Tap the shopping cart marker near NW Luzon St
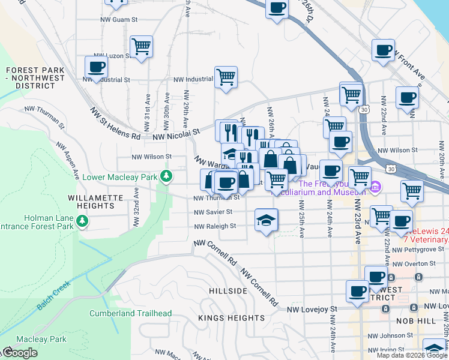142,46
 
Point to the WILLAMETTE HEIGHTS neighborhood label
91,202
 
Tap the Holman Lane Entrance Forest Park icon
82,222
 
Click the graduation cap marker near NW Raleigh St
266,220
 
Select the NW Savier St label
213,212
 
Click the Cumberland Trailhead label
131,313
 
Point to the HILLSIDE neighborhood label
228,291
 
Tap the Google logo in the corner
19,353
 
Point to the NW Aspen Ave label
67,161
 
